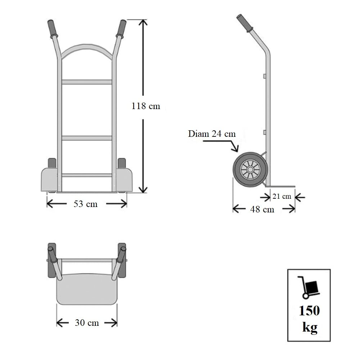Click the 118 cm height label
[145, 106]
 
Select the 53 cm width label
[86, 204]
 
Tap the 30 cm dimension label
[87, 323]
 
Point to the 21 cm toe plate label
[282, 197]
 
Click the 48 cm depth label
[262, 209]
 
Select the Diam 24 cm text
[212, 134]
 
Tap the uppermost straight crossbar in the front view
[86, 82]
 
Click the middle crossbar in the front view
[86, 138]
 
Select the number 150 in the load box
[309, 311]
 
